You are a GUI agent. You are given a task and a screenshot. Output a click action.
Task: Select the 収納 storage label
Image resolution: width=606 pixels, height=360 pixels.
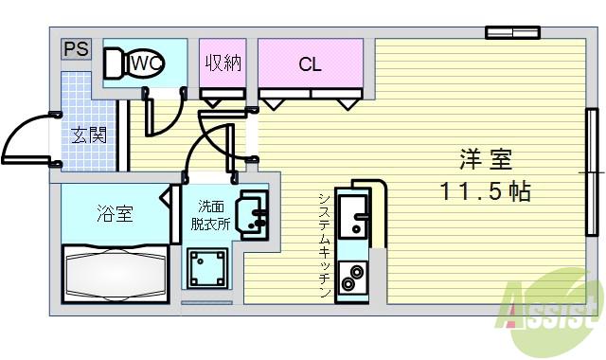coord(223,64)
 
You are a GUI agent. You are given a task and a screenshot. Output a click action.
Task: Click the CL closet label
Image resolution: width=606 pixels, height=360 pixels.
coord(310,64)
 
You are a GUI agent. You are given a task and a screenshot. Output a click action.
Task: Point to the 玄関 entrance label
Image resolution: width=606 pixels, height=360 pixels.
coord(87,134)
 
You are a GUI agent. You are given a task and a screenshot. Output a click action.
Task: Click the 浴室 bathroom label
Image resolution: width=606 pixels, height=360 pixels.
coord(114,213)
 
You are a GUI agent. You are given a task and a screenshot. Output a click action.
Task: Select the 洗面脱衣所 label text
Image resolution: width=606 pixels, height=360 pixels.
coord(212,216)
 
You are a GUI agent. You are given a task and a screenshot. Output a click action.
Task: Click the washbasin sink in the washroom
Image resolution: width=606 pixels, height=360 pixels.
coord(252,213)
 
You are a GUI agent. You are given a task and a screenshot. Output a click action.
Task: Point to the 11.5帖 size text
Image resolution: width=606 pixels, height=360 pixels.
coord(484,192)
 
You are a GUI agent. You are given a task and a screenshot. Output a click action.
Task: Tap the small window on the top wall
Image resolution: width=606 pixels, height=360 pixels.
coord(512,33)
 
